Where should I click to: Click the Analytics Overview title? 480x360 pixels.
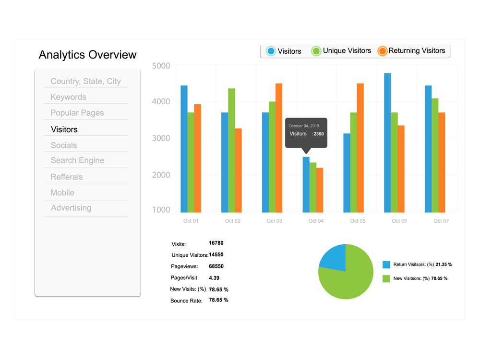coord(87,55)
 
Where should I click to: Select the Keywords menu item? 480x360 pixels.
coord(68,97)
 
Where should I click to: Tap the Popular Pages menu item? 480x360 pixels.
coord(77,113)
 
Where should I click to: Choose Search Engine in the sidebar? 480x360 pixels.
coord(77,160)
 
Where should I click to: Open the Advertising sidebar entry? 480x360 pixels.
coord(71,208)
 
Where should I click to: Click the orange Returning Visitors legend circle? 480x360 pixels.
coord(382,51)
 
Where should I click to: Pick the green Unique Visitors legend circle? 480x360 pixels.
coord(316,51)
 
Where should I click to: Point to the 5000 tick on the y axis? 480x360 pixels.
coord(161,66)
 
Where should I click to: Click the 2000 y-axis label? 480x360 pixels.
coord(161,175)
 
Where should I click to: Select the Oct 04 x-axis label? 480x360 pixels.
coord(316,221)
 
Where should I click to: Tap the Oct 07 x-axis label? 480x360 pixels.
coord(441,221)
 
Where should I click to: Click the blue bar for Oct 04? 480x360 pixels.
coord(306,184)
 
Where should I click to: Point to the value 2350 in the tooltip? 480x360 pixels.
coord(319,134)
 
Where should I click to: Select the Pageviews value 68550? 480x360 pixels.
coord(216,266)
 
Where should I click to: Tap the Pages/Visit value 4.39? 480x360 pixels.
coord(214,277)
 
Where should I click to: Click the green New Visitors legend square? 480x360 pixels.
coord(386,278)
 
